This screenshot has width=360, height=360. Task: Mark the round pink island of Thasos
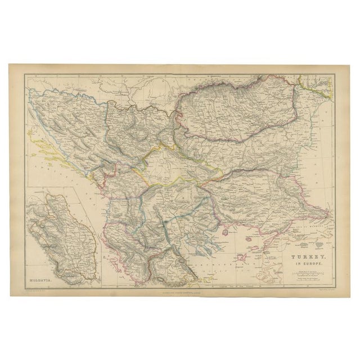(228, 231)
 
